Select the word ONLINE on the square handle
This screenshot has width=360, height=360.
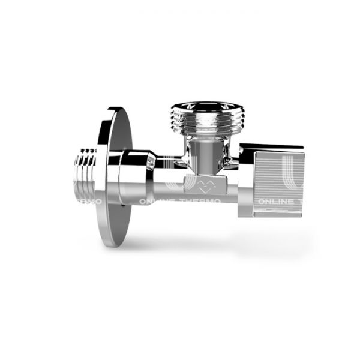tap(274, 202)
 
